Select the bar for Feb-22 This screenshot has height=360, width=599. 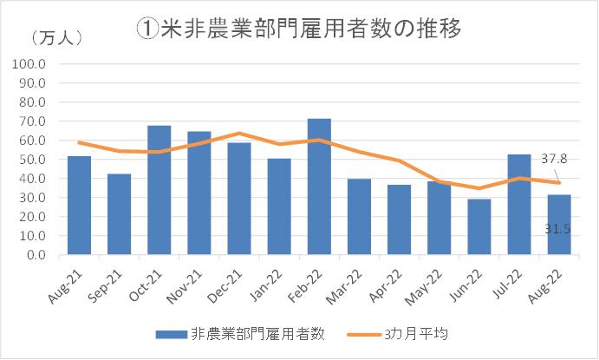[319, 187]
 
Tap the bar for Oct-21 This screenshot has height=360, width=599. [160, 191]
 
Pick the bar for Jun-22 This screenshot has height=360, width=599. [479, 227]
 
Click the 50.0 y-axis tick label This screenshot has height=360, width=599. [31, 160]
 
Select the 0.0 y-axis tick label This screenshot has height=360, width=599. [35, 255]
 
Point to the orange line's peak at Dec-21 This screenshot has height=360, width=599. [239, 134]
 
